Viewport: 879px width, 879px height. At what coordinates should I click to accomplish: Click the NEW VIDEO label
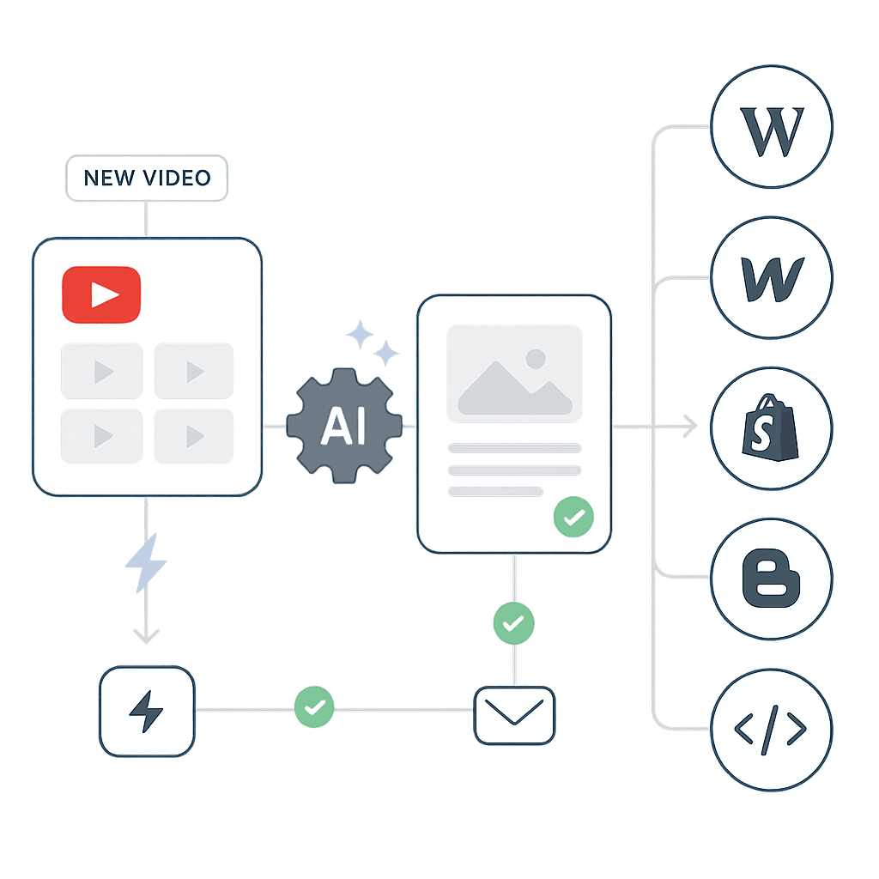147,178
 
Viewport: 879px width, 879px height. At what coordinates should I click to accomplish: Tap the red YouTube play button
101,295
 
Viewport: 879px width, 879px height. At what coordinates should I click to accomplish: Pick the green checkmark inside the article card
571,517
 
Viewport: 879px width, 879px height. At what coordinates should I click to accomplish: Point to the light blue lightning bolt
146,562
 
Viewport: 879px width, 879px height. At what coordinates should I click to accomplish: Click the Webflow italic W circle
772,278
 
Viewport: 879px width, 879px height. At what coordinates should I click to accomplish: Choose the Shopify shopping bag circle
772,427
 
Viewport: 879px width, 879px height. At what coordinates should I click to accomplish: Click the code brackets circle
772,729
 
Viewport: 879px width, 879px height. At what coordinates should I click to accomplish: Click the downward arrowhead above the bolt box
147,636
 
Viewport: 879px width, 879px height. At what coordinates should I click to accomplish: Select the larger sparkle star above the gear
358,334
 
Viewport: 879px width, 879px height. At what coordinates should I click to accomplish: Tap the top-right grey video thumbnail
194,371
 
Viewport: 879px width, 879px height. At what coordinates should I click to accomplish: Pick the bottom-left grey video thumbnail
101,436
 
